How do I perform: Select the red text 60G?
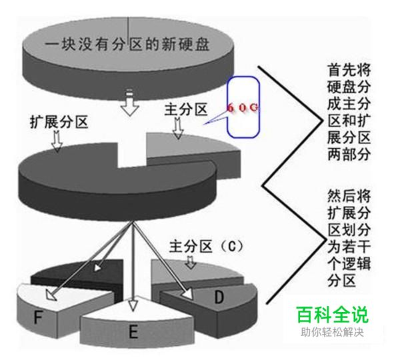[x=242, y=107]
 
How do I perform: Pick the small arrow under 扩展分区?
[x=57, y=140]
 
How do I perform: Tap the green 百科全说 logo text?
[x=332, y=314]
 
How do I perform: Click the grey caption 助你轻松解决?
[x=332, y=332]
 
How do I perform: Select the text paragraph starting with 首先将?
[x=346, y=111]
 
